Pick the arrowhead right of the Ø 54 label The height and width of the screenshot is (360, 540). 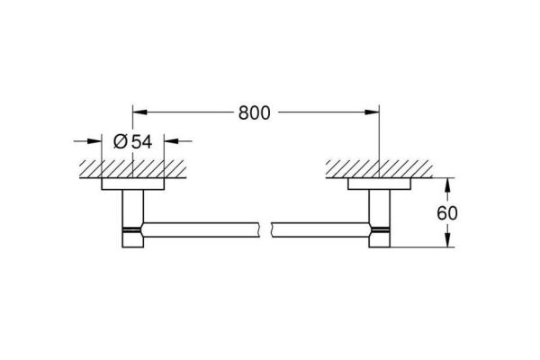(x=173, y=140)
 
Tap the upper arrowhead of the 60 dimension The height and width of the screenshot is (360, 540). (x=447, y=182)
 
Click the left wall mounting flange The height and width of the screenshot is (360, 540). (x=133, y=184)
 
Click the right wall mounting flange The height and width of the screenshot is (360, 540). (x=382, y=184)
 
